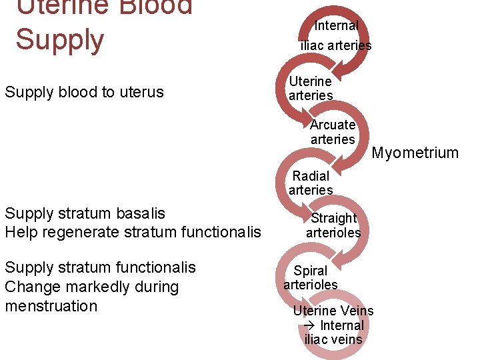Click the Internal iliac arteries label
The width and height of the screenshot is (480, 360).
tap(336, 35)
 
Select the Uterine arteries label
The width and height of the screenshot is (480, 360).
tap(310, 88)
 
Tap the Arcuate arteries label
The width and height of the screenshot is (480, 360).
tap(333, 132)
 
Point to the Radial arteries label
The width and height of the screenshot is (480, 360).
tap(311, 183)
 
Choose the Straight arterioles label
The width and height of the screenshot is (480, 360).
tap(333, 225)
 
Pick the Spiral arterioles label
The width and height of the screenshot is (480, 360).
tap(311, 277)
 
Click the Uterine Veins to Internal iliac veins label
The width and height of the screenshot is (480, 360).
tap(333, 325)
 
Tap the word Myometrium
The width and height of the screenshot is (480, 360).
tap(415, 153)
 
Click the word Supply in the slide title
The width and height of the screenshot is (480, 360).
tap(60, 40)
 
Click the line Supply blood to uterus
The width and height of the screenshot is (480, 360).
tap(84, 92)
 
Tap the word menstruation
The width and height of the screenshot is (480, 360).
tap(51, 306)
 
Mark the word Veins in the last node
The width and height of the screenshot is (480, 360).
tap(357, 311)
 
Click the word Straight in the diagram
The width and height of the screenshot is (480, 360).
tap(333, 218)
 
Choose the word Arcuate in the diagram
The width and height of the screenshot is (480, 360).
tap(333, 125)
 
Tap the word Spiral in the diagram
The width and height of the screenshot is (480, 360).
tap(311, 271)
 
